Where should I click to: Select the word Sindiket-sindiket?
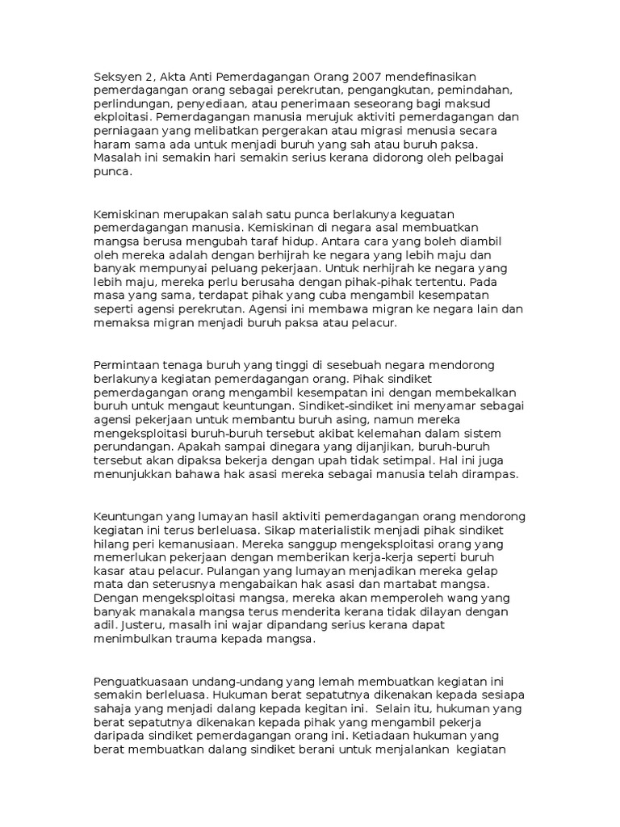(x=348, y=408)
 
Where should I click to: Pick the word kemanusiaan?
(x=193, y=546)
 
